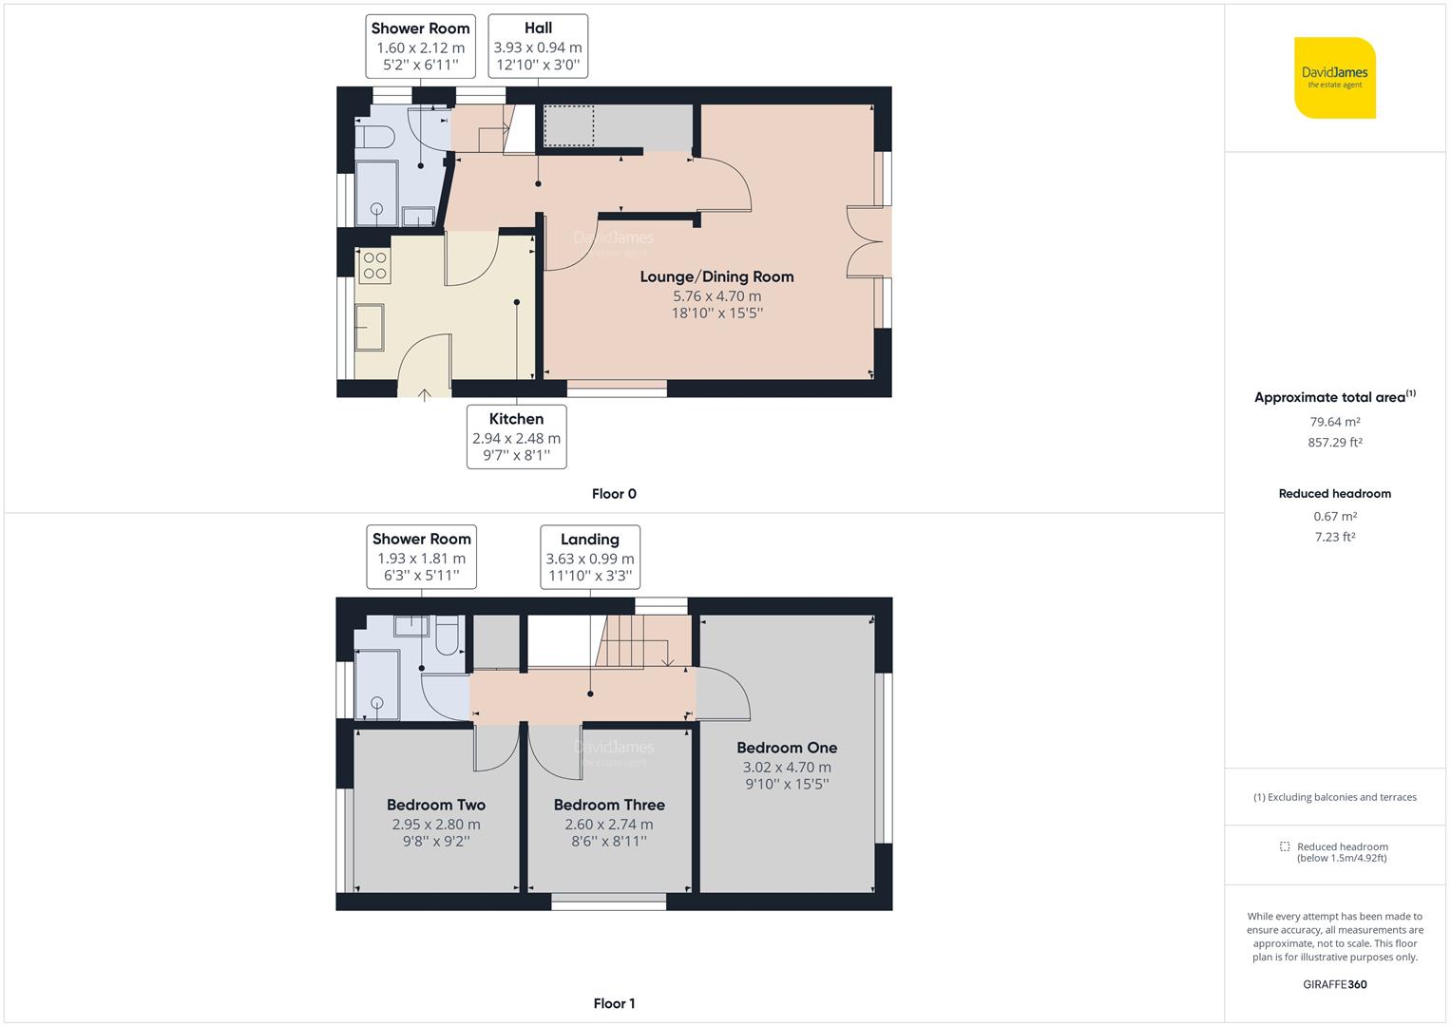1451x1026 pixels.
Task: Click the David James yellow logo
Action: (1334, 78)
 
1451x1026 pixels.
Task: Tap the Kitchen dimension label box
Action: (516, 437)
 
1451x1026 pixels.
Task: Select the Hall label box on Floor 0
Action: (538, 46)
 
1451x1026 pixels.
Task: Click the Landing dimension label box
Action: (590, 557)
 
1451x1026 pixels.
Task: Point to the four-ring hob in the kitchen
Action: (374, 266)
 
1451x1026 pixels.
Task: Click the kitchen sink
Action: (370, 327)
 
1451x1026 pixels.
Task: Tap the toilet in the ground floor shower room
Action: (375, 138)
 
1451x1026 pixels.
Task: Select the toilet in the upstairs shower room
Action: (447, 635)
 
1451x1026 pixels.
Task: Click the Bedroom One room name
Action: (787, 748)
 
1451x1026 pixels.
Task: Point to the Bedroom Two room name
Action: (436, 805)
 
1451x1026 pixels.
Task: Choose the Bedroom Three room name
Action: (609, 805)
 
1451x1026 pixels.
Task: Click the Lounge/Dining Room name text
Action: (716, 276)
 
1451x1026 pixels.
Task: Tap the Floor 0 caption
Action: (614, 494)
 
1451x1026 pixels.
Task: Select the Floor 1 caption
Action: (614, 1003)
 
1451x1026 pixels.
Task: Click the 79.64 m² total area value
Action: (1334, 422)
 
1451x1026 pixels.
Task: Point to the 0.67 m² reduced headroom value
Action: (1334, 516)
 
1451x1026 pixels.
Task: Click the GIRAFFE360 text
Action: (1334, 984)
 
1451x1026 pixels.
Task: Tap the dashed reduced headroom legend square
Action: (1285, 845)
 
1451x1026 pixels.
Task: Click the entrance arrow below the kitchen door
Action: (425, 395)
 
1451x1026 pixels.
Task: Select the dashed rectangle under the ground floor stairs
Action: (569, 125)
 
